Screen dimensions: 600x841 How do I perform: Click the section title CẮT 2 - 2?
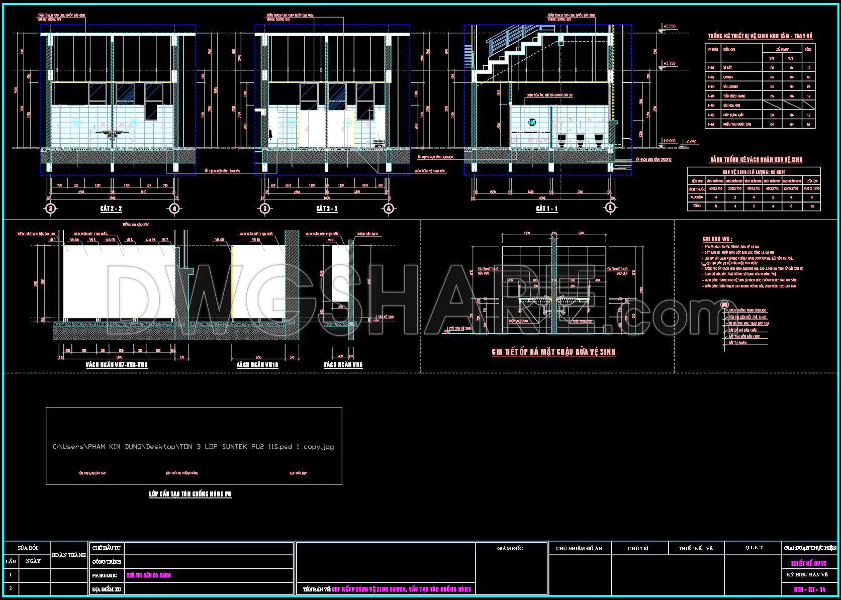[111, 209]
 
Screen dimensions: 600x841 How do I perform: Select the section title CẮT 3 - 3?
[327, 209]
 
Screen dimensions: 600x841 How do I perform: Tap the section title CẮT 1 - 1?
[546, 209]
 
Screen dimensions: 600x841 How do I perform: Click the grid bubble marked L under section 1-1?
[611, 208]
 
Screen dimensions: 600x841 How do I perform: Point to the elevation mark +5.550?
[670, 26]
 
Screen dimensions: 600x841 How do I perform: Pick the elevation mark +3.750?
[670, 64]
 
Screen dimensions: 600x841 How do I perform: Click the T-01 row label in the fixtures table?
[711, 68]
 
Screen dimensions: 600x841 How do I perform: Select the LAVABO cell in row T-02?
[728, 77]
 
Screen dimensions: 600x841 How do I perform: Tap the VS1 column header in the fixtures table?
[772, 58]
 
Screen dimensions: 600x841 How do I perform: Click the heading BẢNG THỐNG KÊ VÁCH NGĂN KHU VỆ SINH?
[756, 160]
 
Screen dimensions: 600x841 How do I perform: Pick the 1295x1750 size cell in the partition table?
[791, 188]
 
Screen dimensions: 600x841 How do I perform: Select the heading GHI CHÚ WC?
[717, 240]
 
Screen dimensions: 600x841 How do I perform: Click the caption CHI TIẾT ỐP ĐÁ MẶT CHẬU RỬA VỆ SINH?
[553, 352]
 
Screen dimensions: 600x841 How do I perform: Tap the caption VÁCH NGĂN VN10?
[257, 365]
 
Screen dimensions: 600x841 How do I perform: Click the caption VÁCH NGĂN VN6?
[343, 365]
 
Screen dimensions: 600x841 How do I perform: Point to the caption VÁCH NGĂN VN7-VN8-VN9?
[117, 365]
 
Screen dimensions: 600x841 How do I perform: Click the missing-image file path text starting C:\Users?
[193, 447]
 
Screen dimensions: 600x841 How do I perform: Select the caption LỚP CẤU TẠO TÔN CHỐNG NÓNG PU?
[190, 494]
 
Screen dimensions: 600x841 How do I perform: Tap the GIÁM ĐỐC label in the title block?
[510, 548]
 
